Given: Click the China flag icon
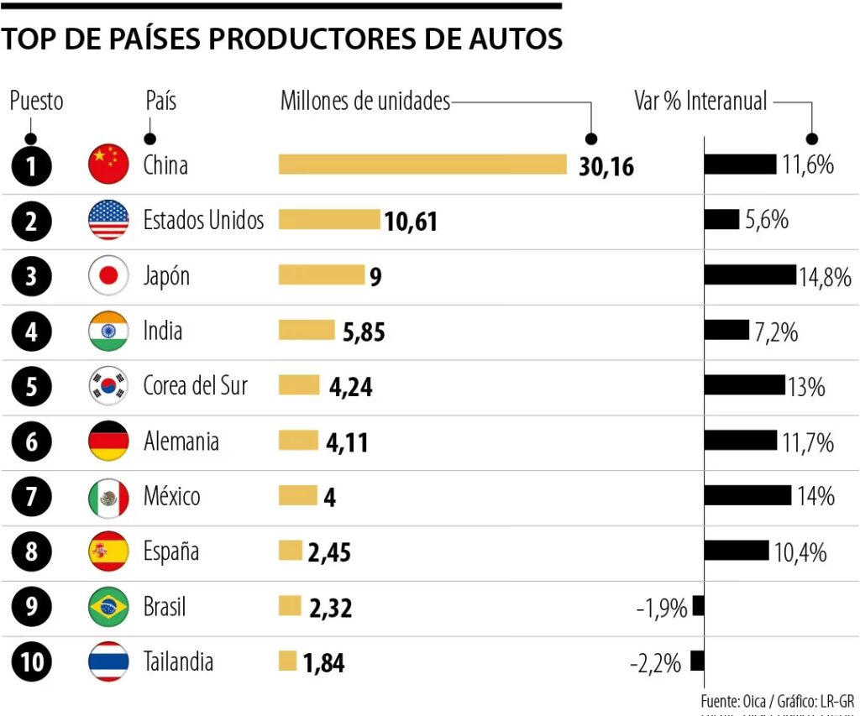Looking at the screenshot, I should click(x=108, y=165).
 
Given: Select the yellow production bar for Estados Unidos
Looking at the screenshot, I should click(x=329, y=220).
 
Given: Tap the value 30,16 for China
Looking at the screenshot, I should click(x=606, y=166).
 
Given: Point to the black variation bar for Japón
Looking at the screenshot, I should click(x=749, y=275).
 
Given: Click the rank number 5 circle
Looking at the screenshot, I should click(x=32, y=386).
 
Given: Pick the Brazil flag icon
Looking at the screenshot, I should click(x=108, y=607).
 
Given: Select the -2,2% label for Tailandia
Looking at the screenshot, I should click(x=655, y=663).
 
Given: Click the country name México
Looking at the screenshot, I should click(x=172, y=496).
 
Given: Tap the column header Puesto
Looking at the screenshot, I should click(x=36, y=102).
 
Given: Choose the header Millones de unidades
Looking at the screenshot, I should click(x=365, y=102).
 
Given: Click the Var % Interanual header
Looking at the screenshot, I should click(x=700, y=102).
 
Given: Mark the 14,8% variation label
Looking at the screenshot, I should click(x=825, y=277).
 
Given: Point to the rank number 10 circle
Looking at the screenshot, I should click(x=32, y=662).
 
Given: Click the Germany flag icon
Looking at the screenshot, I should click(x=108, y=442).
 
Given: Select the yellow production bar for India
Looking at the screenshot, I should click(x=307, y=331).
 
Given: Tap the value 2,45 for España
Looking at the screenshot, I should click(x=329, y=553).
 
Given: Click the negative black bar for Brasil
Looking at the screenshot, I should click(x=698, y=606).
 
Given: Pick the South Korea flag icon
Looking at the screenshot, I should click(x=108, y=386).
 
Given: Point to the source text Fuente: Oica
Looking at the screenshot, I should click(x=732, y=700).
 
